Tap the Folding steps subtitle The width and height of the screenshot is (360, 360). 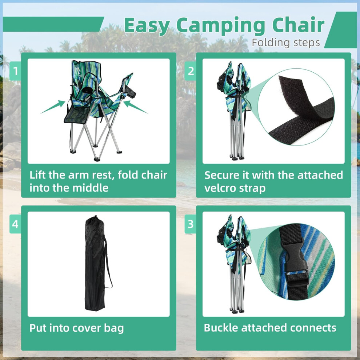point(285,43)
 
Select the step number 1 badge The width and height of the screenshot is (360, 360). point(15,71)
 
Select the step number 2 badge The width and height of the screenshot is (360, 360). point(190,71)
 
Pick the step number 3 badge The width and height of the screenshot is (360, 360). point(190,224)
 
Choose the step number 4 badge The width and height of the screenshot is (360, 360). point(15,224)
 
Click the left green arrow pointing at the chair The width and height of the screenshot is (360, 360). point(53,107)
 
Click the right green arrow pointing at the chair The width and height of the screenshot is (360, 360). point(136,107)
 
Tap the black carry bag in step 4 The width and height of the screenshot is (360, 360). point(96,263)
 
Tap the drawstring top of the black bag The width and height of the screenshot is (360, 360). point(94,218)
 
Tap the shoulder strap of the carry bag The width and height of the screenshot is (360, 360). point(108,263)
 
